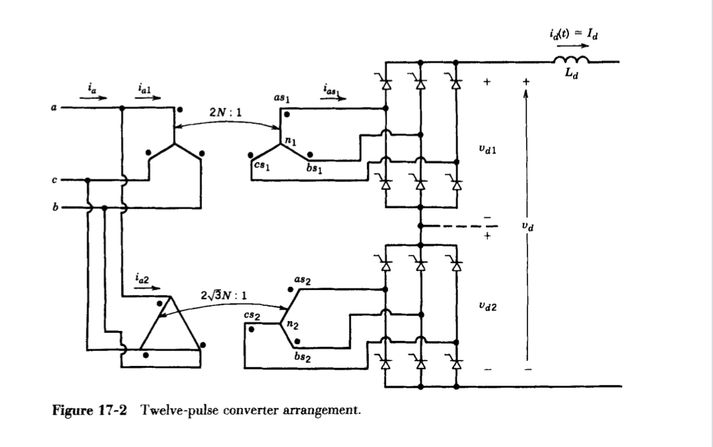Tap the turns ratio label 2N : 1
pyautogui.click(x=226, y=112)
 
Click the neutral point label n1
pyautogui.click(x=291, y=140)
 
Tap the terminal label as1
pyautogui.click(x=283, y=99)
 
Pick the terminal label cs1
pyautogui.click(x=261, y=167)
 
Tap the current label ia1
pyautogui.click(x=145, y=86)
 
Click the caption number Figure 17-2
pyautogui.click(x=89, y=411)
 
